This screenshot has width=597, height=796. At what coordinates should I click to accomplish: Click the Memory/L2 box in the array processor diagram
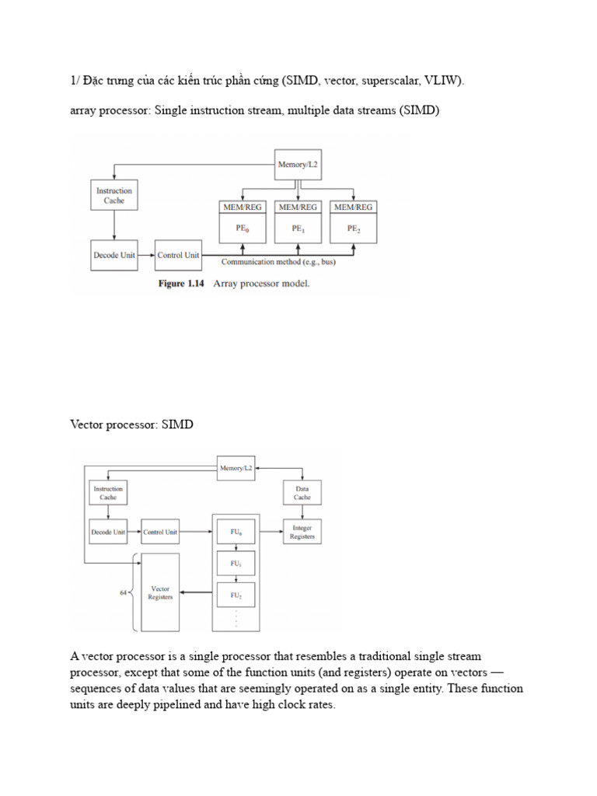298,165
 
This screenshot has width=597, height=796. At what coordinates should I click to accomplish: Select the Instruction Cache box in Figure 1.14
113,195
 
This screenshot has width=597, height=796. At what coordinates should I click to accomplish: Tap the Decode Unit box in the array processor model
114,254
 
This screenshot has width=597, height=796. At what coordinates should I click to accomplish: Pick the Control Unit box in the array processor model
178,254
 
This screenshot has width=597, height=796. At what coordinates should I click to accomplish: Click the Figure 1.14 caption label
181,284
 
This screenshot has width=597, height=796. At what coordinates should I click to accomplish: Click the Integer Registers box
302,532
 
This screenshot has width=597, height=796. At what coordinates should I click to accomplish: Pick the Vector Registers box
159,592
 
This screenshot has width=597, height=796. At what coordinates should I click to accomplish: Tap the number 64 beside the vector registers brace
123,592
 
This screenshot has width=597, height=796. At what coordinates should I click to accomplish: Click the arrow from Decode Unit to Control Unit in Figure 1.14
145,254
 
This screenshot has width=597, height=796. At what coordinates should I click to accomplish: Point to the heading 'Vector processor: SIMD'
131,425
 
